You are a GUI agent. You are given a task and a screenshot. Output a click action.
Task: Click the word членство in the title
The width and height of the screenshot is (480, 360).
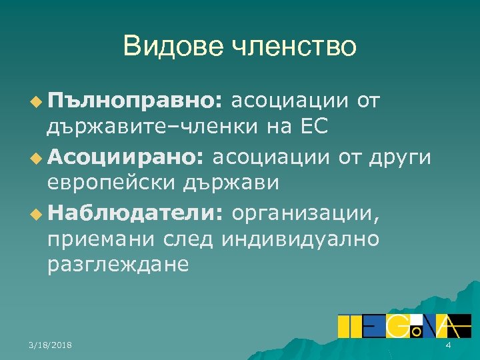tap(293, 47)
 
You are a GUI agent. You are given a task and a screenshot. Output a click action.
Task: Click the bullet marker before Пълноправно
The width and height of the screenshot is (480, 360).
tap(35, 102)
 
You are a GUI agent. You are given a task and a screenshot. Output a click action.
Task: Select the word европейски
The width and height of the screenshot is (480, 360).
tap(107, 182)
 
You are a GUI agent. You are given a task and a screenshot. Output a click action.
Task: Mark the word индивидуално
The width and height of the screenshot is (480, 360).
tap(304, 238)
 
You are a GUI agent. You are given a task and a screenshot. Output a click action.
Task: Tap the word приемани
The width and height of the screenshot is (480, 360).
tap(99, 238)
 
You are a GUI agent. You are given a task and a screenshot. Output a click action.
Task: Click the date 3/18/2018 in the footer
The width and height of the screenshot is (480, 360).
tap(51, 345)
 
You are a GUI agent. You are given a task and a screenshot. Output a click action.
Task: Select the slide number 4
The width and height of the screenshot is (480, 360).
tap(448, 345)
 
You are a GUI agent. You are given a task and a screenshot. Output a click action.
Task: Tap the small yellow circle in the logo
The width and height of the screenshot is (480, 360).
tap(415, 330)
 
